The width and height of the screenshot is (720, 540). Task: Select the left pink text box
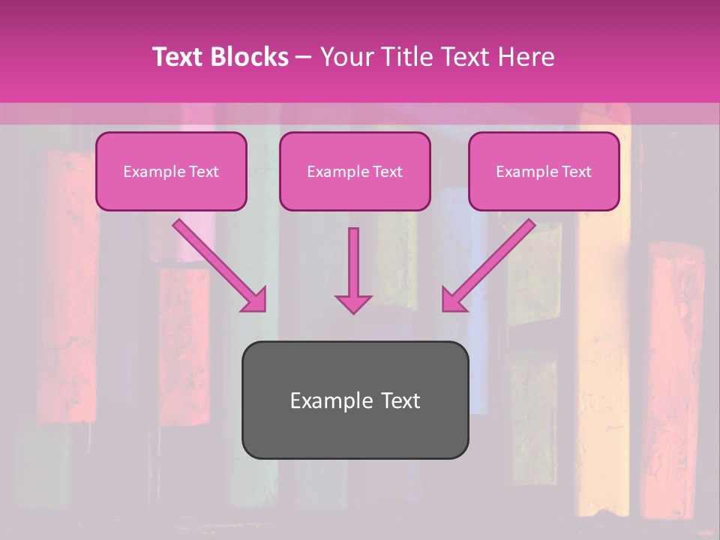[x=171, y=171]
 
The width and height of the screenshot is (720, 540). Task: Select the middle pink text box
[x=355, y=171]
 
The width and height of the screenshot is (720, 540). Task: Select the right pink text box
[x=544, y=171]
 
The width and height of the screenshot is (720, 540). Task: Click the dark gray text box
[x=355, y=400]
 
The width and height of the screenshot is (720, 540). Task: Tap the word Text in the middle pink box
[x=388, y=172]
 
